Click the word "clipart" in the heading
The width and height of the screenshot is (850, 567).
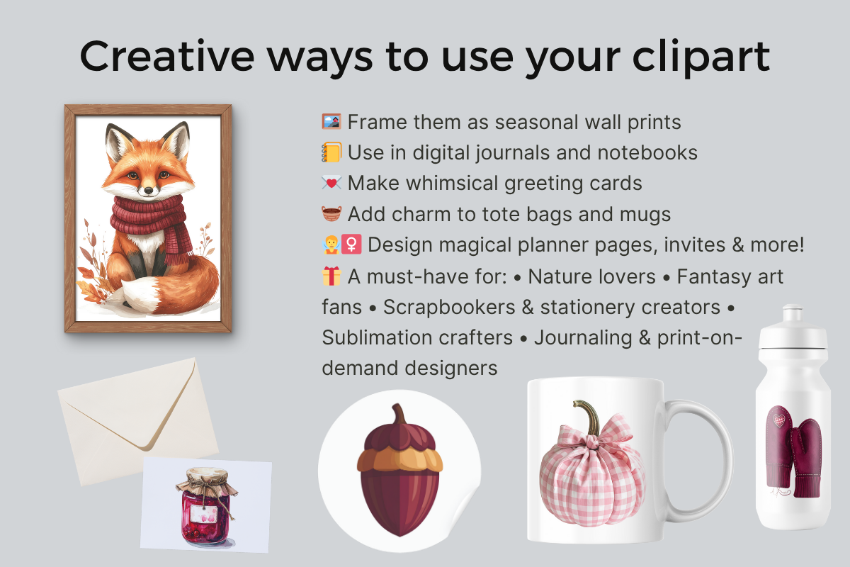point(701,56)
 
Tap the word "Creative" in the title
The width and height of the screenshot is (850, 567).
point(167,56)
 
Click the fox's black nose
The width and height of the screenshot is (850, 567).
point(149,190)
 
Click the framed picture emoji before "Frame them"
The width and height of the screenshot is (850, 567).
point(331,121)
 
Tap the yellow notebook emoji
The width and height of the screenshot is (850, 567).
point(331,152)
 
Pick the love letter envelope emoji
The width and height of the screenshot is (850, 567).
point(331,183)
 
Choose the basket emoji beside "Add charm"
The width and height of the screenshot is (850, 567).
point(331,214)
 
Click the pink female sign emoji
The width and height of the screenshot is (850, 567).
point(351,245)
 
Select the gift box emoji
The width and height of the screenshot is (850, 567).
point(331,276)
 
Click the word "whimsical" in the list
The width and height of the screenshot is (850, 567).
point(452,183)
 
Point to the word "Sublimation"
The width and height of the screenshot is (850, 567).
point(417,337)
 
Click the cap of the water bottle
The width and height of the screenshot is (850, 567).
point(793,327)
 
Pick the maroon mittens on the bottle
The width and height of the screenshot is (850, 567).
point(794,452)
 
